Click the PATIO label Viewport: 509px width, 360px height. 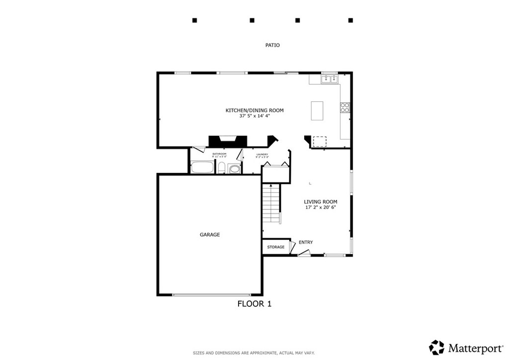272,45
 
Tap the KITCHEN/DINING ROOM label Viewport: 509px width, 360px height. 254,110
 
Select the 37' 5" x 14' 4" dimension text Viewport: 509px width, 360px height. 254,116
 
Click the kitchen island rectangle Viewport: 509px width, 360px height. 317,110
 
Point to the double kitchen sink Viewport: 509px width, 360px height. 329,79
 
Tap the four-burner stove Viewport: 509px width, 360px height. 344,108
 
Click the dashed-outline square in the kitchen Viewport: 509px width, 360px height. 319,142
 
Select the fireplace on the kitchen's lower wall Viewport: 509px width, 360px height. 227,142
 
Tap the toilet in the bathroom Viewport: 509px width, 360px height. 222,168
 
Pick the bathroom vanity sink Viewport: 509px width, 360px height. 234,169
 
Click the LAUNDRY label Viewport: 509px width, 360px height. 262,155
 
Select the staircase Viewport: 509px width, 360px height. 271,204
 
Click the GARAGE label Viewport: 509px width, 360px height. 210,235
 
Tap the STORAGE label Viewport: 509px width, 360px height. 276,247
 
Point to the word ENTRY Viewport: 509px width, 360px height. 306,242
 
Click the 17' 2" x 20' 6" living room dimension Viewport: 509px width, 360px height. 321,207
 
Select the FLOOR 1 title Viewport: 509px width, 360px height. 254,304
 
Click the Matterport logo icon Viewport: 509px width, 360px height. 436,347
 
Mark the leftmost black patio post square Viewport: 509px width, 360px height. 195,20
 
